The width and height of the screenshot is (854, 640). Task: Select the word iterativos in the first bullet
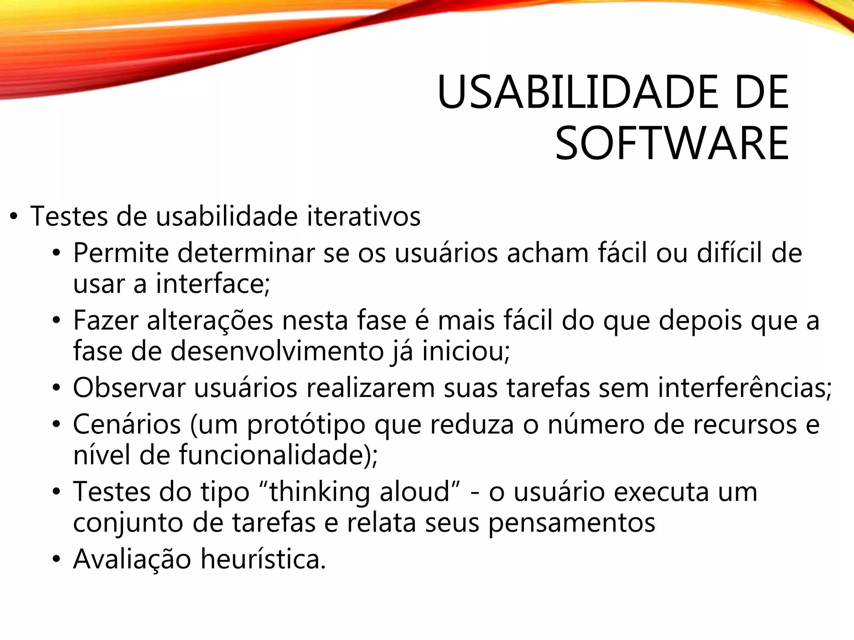click(x=364, y=216)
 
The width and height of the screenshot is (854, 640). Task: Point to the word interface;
click(x=213, y=284)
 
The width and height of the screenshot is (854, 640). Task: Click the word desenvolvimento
click(x=277, y=351)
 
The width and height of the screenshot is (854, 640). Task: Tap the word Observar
click(x=129, y=387)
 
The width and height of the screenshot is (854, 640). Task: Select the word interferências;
click(x=745, y=387)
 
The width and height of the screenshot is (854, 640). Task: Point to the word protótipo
click(x=306, y=425)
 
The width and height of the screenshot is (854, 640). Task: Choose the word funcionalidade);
click(x=279, y=455)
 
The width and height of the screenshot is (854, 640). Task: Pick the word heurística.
click(x=263, y=559)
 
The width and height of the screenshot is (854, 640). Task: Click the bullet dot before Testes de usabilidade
click(x=14, y=217)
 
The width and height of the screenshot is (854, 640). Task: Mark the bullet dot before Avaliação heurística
click(x=57, y=560)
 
